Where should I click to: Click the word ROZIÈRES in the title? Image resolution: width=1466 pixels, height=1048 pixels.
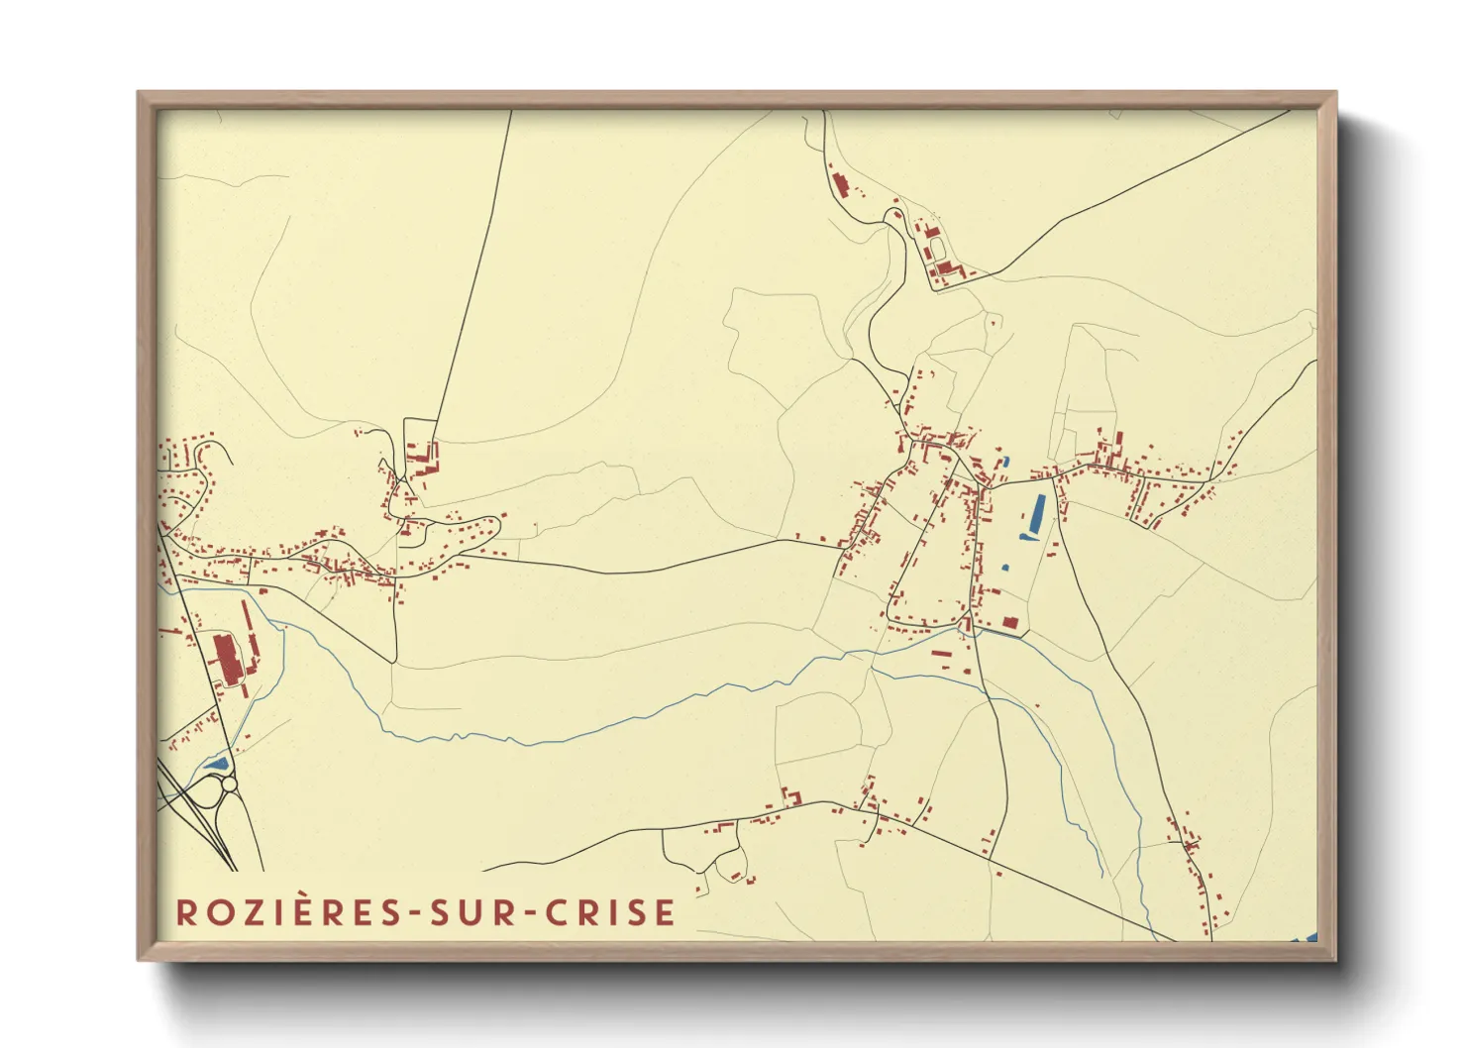[x=287, y=912]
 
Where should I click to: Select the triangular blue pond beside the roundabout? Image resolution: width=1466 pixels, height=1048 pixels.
[x=216, y=764]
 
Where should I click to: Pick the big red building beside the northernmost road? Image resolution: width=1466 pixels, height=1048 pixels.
[x=841, y=185]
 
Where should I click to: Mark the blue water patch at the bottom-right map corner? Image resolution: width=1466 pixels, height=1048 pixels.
[x=1306, y=937]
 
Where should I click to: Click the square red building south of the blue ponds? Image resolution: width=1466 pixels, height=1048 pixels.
[x=1009, y=623]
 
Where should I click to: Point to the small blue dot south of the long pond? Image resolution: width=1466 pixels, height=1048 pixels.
[x=1005, y=568]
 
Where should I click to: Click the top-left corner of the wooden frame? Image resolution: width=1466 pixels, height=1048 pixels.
[x=140, y=94]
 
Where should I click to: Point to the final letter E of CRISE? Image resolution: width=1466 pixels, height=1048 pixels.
[x=665, y=912]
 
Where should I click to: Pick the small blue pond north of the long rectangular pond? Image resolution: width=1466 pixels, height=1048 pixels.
[x=1004, y=463]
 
